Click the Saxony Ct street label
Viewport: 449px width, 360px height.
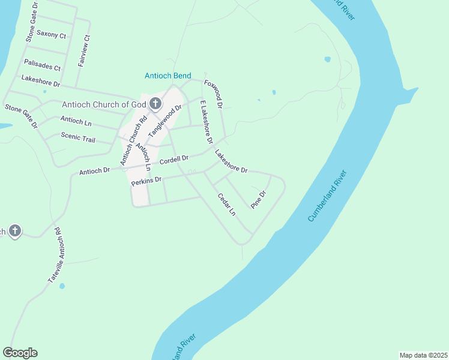click(x=51, y=35)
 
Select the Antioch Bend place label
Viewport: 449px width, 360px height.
click(x=168, y=76)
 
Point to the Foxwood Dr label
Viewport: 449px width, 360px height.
click(x=214, y=94)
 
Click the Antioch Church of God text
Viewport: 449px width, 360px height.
click(x=103, y=104)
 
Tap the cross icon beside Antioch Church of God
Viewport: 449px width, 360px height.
click(x=155, y=104)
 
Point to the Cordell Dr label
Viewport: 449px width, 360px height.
click(x=174, y=160)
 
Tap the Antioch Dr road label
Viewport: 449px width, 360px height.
click(x=94, y=171)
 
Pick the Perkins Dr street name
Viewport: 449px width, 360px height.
click(x=146, y=180)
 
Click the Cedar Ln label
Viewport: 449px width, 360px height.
click(x=226, y=205)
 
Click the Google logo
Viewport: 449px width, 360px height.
click(x=20, y=353)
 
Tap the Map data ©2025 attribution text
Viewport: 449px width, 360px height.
click(x=423, y=355)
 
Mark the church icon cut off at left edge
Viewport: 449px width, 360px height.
click(x=14, y=231)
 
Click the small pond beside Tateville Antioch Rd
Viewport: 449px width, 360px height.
click(x=62, y=286)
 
